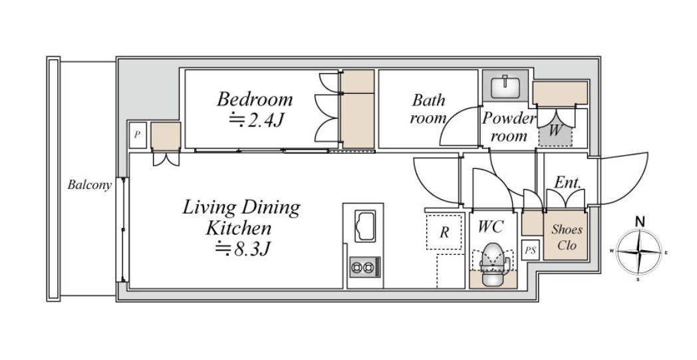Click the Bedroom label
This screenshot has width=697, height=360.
click(255, 98)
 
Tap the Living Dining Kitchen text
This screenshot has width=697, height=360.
click(241, 218)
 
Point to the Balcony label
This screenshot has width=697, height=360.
click(89, 185)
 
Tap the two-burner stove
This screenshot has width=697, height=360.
click(365, 267)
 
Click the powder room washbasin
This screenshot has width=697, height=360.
click(505, 87)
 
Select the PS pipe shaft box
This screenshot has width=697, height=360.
click(530, 250)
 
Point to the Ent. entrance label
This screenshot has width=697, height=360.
click(568, 182)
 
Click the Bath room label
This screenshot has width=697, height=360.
click(428, 109)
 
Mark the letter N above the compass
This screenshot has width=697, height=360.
click(640, 222)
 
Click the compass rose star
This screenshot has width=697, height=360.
click(638, 252)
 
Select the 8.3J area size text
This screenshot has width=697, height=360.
click(243, 249)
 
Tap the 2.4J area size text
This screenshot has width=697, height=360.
click(257, 120)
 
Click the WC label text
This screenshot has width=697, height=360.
click(491, 227)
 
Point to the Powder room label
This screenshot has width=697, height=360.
click(509, 127)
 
